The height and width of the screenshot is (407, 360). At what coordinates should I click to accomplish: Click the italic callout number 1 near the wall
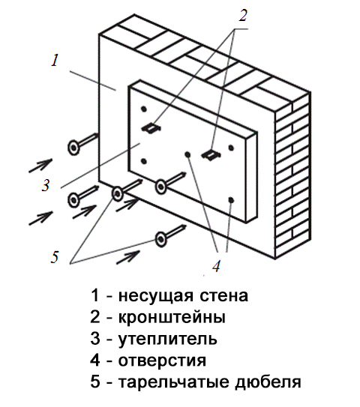coord(55,60)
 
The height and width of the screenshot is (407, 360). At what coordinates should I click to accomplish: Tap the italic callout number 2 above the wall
coord(242,15)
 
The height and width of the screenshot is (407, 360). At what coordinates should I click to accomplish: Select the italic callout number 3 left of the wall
coord(46,185)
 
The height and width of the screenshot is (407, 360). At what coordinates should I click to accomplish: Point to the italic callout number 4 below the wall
coord(216,266)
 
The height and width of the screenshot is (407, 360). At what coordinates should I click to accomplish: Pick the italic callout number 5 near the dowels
coord(54,257)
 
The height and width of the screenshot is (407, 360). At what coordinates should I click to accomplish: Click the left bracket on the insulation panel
coord(151,128)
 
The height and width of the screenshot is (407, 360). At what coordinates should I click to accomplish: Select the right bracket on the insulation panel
coord(211,155)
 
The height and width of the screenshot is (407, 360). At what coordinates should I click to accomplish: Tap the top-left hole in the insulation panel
coord(144,109)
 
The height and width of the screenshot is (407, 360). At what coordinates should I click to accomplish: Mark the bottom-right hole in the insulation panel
coord(231,200)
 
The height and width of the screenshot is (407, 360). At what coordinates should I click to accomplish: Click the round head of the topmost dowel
coord(73,148)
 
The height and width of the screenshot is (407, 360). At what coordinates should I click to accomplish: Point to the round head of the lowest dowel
coord(160,238)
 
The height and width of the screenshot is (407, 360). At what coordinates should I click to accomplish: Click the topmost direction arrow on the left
coord(40,166)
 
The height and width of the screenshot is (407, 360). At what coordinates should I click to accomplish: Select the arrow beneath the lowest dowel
coord(128,258)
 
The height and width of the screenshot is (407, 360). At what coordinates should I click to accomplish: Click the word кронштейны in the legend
coord(172,317)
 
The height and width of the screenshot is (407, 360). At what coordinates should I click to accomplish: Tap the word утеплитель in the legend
coord(168,339)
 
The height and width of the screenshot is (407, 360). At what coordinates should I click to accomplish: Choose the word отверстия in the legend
coord(162,361)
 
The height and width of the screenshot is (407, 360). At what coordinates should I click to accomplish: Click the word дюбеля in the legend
coord(268,383)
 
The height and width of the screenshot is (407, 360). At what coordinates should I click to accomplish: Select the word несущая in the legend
coord(155,296)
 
